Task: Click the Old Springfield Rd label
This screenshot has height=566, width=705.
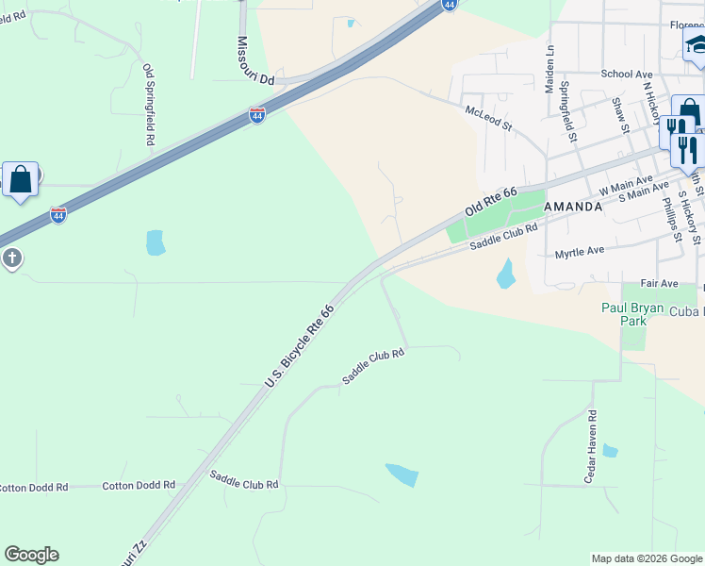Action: point(149,104)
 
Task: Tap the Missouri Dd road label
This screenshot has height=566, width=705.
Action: point(254,61)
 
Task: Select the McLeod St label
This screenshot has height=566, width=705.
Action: point(488,118)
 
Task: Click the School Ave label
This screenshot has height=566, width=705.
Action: point(627,74)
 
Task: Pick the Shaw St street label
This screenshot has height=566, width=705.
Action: point(619,116)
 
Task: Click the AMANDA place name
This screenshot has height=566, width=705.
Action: point(573,207)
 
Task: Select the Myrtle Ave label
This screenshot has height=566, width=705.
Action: point(579,254)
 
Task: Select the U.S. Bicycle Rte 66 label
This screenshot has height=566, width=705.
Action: point(300,345)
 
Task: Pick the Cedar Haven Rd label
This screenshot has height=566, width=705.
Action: point(591,445)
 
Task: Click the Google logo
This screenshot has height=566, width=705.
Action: point(32,555)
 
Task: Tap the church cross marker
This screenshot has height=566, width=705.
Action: point(11,258)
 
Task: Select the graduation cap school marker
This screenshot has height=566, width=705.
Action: point(696,43)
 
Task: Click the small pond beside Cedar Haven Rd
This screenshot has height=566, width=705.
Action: point(610,451)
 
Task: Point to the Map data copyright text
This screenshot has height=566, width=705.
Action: point(646,558)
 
